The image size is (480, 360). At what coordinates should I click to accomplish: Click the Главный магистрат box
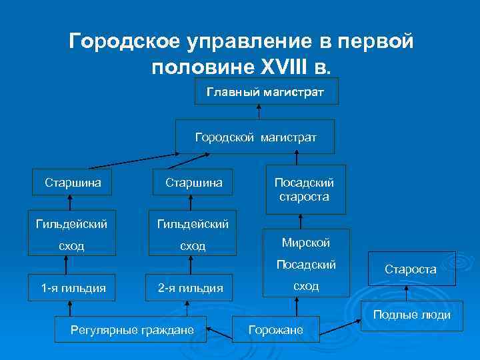266,91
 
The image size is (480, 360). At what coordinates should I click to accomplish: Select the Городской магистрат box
255,137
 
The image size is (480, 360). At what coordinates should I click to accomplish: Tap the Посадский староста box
306,189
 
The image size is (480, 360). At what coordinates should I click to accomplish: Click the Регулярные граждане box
132,329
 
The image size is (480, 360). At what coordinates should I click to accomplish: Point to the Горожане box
276,330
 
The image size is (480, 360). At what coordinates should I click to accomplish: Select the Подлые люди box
411,315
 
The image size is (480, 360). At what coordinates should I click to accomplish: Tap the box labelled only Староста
411,269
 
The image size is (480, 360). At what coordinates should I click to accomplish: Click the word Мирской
306,243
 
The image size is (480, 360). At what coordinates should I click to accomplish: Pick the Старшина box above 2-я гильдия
193,181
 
